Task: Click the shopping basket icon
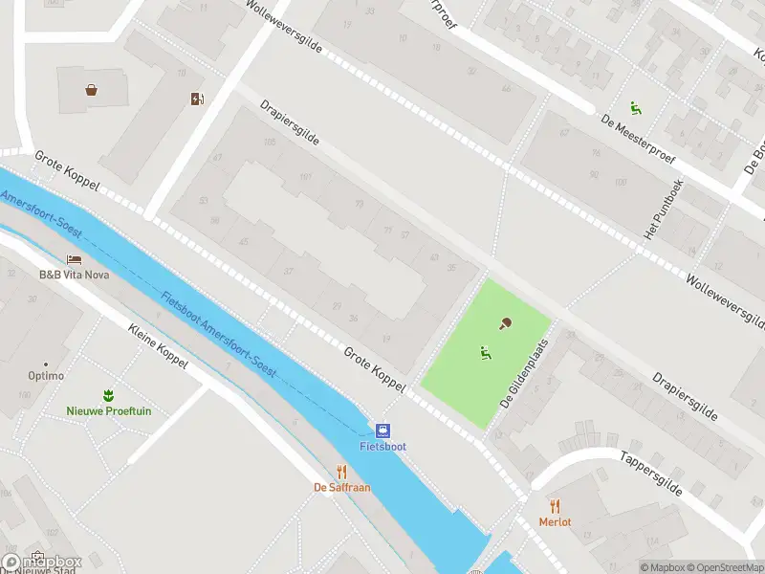click(x=91, y=90)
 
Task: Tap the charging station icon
click(x=197, y=99)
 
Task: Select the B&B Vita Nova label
click(x=74, y=275)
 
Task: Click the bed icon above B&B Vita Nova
click(x=74, y=259)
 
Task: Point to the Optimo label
click(x=46, y=376)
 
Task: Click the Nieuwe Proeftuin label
click(x=108, y=411)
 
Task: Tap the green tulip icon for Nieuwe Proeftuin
click(x=108, y=395)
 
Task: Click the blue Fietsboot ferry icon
click(x=382, y=430)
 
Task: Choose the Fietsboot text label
click(x=382, y=447)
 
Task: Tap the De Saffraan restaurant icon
click(x=342, y=472)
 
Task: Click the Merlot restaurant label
click(x=555, y=521)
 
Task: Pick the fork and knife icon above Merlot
click(x=555, y=506)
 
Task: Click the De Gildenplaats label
click(x=524, y=373)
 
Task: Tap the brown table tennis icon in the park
click(x=505, y=323)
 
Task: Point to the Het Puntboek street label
click(x=664, y=210)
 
